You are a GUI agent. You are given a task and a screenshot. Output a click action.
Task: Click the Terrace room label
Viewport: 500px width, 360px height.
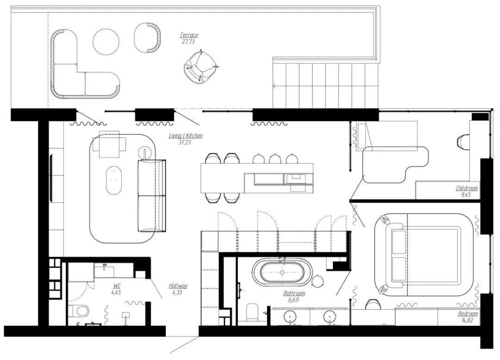click(189, 35)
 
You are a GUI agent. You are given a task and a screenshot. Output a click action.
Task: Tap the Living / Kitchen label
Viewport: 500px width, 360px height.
click(186, 136)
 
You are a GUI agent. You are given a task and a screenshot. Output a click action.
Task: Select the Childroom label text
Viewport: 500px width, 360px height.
click(467, 188)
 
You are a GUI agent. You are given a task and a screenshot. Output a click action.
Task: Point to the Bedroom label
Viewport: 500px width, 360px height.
click(468, 314)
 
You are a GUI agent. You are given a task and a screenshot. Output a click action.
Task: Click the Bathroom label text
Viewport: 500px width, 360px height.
click(294, 293)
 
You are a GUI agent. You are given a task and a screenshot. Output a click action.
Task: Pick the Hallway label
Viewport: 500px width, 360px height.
click(178, 286)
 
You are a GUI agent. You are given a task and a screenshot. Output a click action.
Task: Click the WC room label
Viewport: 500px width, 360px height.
click(117, 285)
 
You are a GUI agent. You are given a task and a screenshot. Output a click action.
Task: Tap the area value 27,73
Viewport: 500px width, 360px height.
click(188, 42)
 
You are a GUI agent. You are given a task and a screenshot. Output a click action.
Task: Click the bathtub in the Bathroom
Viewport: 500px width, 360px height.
click(282, 272)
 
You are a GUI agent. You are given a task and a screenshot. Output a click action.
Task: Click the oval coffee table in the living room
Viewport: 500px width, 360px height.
click(114, 180)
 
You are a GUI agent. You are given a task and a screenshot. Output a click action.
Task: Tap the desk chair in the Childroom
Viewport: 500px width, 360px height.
click(463, 141)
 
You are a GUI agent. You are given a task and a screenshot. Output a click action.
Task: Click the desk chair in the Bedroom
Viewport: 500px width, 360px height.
click(372, 304)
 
